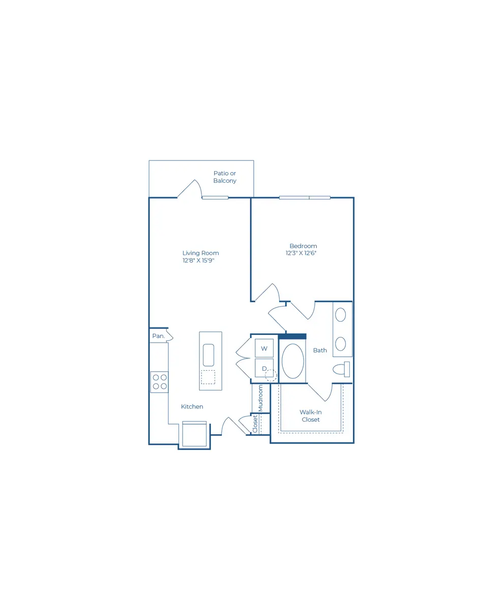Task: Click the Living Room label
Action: pos(200,253)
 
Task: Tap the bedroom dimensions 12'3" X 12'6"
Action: pos(301,253)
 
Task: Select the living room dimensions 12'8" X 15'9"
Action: pos(198,260)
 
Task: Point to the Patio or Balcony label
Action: pos(225,177)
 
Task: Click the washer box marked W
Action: pos(264,348)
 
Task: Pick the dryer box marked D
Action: pos(264,368)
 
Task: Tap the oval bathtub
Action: pos(292,362)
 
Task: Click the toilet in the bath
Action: pos(341,369)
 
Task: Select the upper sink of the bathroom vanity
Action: pos(341,315)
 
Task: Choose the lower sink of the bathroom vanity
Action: pos(341,344)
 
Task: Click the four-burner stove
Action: pos(159,382)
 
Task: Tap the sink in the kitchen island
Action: pos(208,355)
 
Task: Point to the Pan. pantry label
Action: pos(159,336)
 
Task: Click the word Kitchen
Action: pos(192,406)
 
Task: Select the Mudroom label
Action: pos(260,398)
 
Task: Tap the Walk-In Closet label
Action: pos(310,416)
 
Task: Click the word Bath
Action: pos(320,350)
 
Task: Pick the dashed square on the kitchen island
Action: pos(208,377)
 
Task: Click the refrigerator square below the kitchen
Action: pos(194,434)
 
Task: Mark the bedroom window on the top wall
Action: pos(305,198)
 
